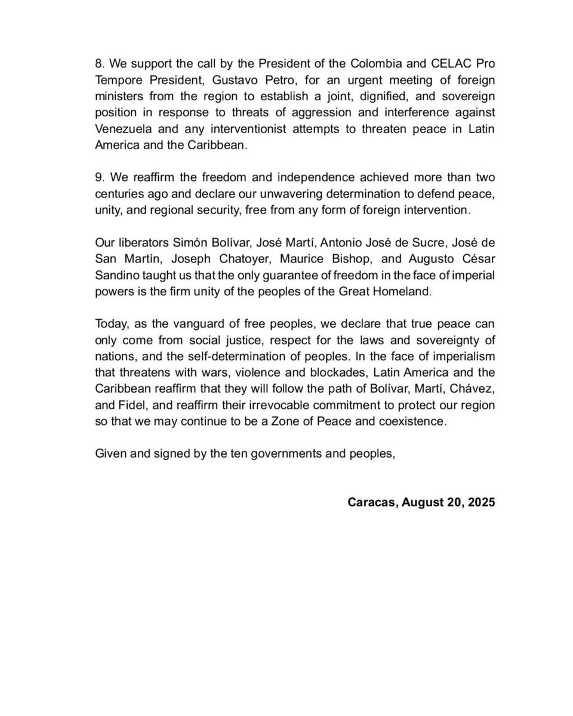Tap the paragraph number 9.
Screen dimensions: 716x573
pos(99,178)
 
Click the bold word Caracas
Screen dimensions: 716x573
pos(372,502)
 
